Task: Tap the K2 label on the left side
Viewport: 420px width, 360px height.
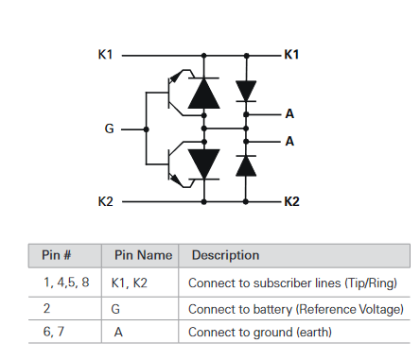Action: coord(105,201)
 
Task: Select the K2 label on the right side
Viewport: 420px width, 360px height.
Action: coord(292,201)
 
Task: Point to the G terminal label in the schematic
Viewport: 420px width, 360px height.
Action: coord(110,129)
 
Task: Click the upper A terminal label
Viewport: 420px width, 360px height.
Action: coord(290,114)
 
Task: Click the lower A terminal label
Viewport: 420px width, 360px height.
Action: coord(290,141)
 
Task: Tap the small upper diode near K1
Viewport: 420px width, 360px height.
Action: coord(246,91)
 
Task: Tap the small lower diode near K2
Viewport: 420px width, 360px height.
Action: coord(246,165)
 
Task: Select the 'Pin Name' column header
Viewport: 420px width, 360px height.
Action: coord(143,256)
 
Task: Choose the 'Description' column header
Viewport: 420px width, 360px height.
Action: coord(225,256)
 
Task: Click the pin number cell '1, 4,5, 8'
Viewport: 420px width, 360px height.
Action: coord(66,283)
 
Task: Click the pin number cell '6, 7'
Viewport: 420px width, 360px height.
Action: coord(54,332)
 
